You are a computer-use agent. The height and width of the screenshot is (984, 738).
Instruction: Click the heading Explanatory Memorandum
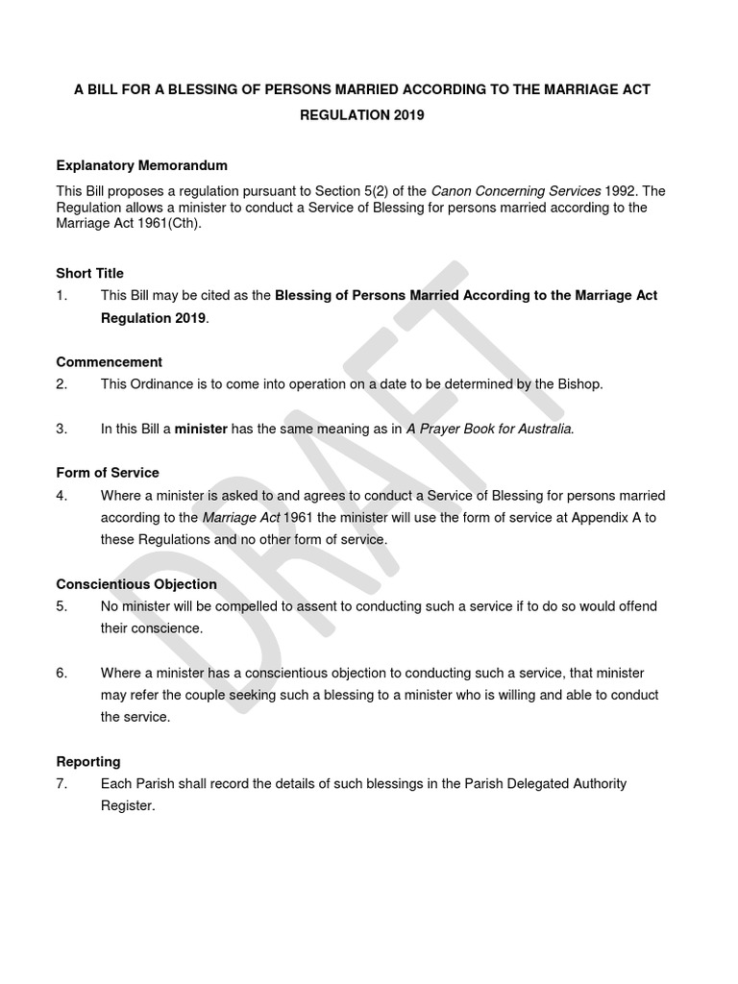(141, 165)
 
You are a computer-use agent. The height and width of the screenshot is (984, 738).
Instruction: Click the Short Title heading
(89, 273)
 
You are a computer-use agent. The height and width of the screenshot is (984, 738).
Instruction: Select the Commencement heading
(109, 362)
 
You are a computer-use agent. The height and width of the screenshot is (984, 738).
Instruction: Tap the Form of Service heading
(108, 473)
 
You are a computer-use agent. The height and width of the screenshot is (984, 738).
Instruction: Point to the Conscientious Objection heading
(136, 584)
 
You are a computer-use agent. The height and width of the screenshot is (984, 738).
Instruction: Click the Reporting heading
(88, 762)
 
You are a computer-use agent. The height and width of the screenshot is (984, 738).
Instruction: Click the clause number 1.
(61, 295)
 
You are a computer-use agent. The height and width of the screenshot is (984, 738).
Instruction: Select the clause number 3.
(61, 429)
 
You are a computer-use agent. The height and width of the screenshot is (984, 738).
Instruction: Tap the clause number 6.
(61, 673)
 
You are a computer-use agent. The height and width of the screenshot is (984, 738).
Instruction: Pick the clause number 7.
(61, 784)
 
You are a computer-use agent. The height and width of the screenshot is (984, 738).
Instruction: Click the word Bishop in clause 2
(579, 384)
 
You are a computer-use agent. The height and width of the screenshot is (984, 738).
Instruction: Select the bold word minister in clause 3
(200, 429)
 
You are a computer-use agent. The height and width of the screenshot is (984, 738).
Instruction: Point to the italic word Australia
(541, 429)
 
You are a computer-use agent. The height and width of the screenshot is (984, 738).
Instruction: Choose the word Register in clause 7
(127, 806)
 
